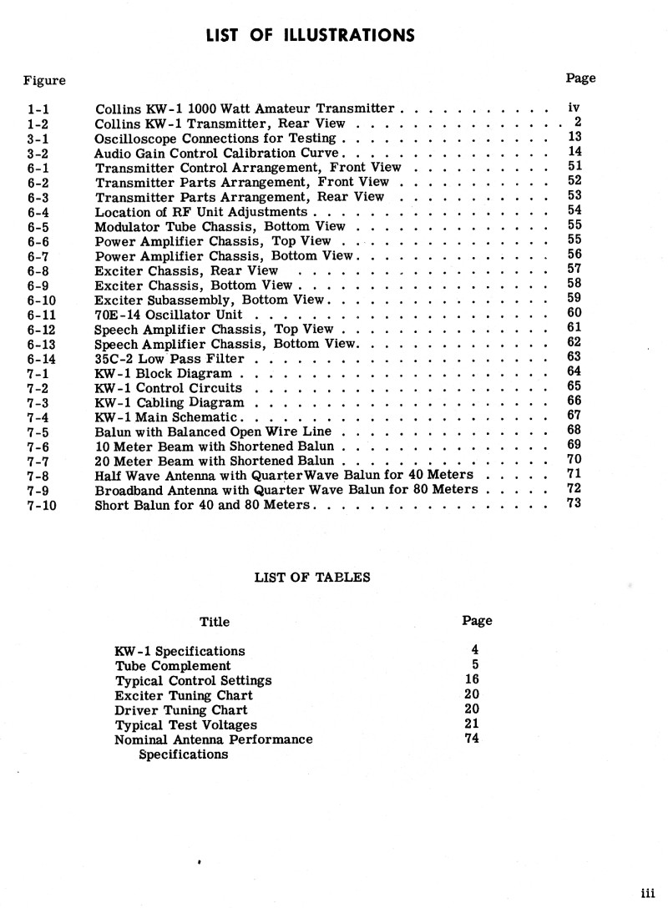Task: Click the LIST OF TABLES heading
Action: (x=312, y=576)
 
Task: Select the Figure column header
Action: (x=44, y=80)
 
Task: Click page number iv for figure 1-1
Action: (x=574, y=108)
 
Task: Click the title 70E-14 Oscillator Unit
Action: (x=169, y=315)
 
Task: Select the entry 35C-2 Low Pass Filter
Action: (x=170, y=359)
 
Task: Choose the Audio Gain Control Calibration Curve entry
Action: (x=216, y=154)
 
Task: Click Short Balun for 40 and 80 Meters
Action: (x=202, y=505)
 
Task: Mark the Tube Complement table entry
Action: (x=173, y=666)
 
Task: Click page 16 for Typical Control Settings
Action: (x=472, y=679)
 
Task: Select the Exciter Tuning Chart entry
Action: (x=184, y=695)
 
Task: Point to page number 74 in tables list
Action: (x=472, y=738)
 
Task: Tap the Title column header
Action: (x=215, y=622)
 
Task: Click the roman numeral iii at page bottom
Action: (x=647, y=891)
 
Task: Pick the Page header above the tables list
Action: (x=477, y=621)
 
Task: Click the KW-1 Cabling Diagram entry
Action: (x=170, y=402)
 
